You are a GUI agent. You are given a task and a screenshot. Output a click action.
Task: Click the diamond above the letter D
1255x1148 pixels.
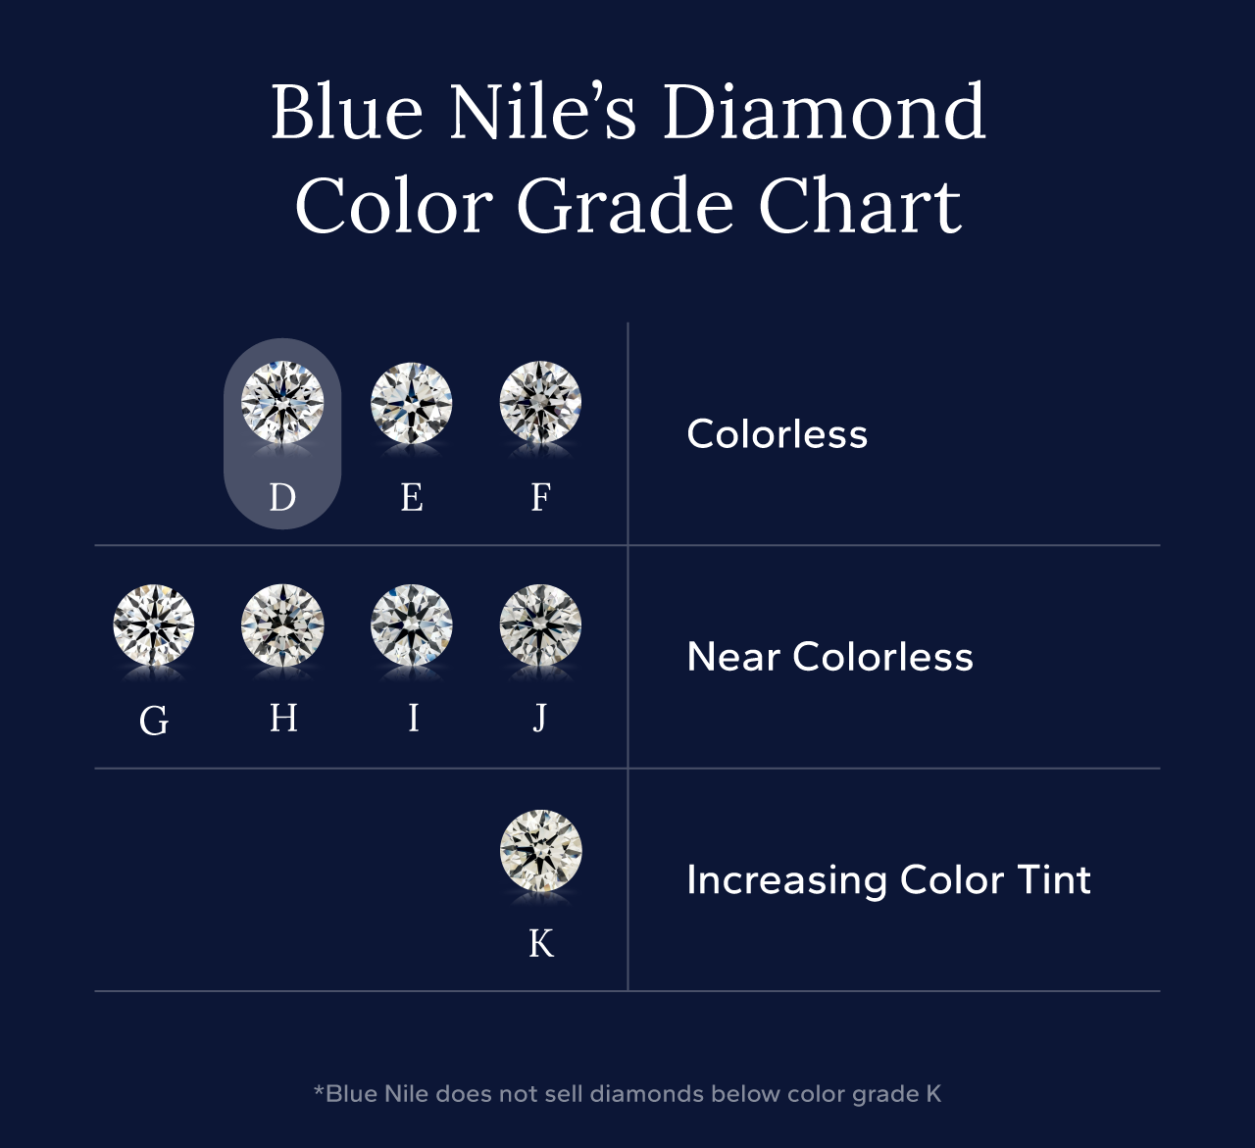[x=282, y=402]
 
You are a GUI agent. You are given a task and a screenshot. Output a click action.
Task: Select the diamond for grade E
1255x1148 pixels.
[x=412, y=402]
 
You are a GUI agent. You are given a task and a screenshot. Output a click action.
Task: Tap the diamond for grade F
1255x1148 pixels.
[x=540, y=402]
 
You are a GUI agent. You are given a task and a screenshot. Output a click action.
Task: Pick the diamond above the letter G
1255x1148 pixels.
[x=154, y=625]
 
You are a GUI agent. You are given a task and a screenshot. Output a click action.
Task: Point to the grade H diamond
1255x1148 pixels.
[x=282, y=625]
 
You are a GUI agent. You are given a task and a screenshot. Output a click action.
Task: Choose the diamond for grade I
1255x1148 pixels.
[x=412, y=625]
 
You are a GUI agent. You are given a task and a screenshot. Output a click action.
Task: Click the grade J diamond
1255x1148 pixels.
[x=540, y=625]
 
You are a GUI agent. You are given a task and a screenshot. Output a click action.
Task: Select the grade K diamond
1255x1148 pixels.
[x=541, y=850]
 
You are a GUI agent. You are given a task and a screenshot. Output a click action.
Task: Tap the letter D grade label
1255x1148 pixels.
[x=282, y=497]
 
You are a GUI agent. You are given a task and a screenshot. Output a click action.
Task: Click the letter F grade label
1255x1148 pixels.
[x=540, y=497]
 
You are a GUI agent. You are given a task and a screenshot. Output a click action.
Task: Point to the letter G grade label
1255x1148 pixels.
[x=154, y=722]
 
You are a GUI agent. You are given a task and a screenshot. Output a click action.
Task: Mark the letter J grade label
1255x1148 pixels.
[x=540, y=719]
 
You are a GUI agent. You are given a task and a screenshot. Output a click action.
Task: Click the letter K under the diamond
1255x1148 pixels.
[x=541, y=943]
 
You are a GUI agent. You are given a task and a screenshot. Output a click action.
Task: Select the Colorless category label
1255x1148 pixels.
[x=777, y=434]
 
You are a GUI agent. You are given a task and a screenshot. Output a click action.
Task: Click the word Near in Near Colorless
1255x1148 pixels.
[x=732, y=657]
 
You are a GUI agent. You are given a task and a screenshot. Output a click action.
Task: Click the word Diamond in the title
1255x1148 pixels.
[x=824, y=113]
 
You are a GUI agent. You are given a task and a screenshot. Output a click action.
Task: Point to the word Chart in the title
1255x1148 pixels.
[x=860, y=207]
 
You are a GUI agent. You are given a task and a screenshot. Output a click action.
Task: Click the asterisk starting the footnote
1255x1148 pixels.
[x=319, y=1091]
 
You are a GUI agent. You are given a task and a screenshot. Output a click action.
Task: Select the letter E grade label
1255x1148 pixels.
[x=412, y=497]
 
